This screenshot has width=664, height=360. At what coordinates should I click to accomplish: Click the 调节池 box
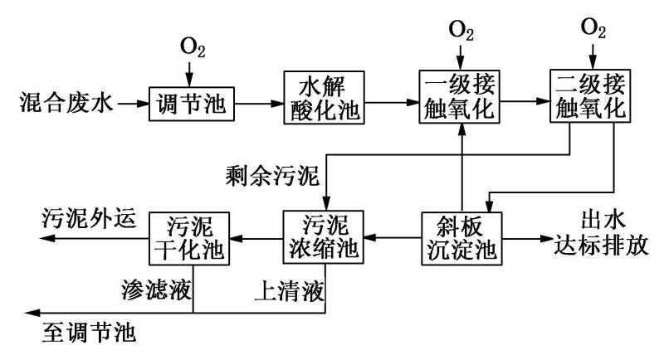[x=191, y=104]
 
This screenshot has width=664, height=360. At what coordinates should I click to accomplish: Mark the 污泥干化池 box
[x=191, y=239]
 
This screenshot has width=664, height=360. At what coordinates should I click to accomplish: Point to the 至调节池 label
[x=88, y=335]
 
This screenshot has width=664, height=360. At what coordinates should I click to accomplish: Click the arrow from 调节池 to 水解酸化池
[x=258, y=105]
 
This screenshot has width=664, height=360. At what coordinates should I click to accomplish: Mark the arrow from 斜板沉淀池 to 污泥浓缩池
[x=389, y=239]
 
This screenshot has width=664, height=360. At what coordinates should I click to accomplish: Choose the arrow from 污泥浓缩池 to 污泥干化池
[x=256, y=239]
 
